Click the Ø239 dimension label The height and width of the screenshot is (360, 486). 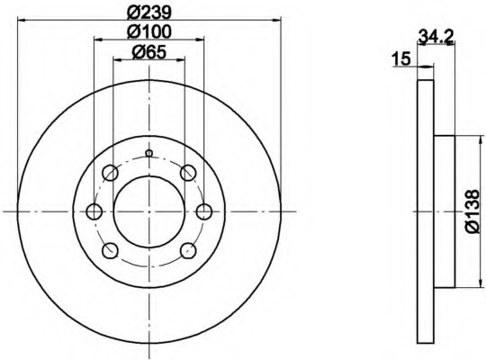coord(149,12)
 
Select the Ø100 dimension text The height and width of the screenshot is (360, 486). coord(149,31)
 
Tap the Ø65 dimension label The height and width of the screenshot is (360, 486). coord(149,52)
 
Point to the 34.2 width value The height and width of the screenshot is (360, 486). coord(436,36)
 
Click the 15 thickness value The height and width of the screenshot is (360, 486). coord(401,58)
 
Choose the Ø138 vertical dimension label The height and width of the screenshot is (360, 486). coord(472,211)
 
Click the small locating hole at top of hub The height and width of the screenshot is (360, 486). coord(149,153)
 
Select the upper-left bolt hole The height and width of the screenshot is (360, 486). coord(110,173)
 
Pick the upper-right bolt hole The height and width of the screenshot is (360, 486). coord(188,173)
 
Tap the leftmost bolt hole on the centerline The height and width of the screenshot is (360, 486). coord(94,211)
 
